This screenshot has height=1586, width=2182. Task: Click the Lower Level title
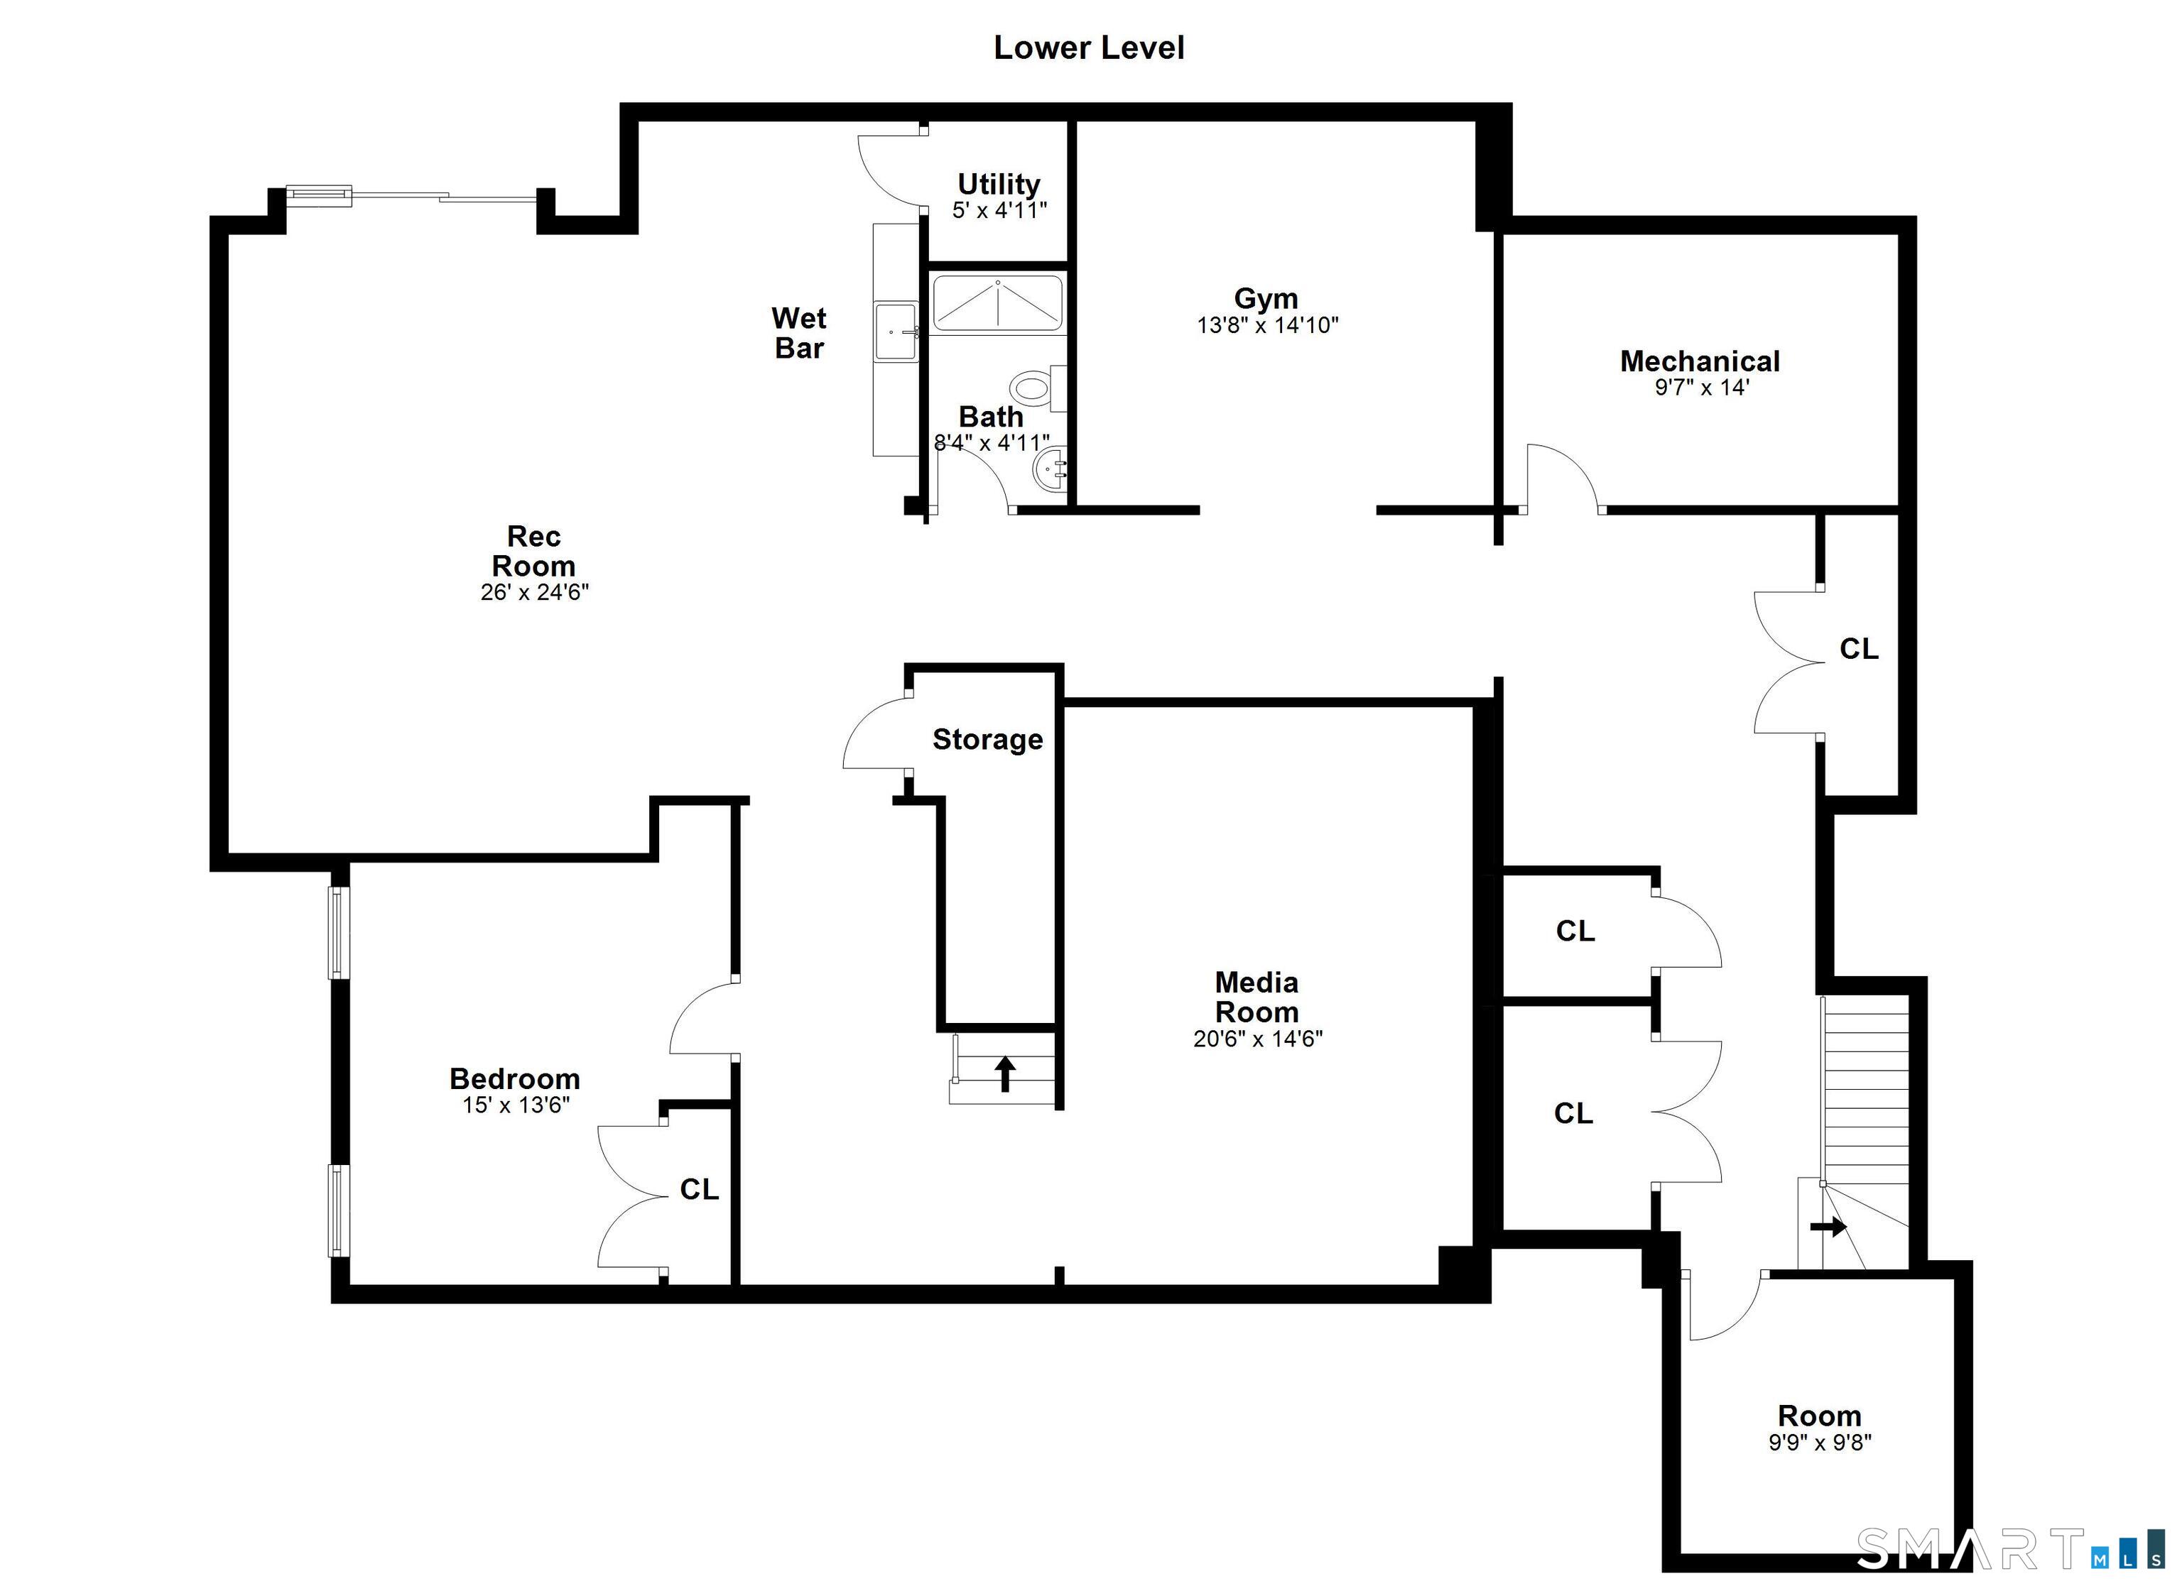click(1088, 48)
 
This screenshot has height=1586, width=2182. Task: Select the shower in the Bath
click(998, 304)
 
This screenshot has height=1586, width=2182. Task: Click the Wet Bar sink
click(896, 332)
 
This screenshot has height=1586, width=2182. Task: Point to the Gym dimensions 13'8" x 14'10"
click(1267, 325)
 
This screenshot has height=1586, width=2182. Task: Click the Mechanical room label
click(1699, 361)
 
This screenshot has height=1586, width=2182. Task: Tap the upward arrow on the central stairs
click(1005, 1073)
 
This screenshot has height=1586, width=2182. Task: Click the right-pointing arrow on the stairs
click(1828, 1227)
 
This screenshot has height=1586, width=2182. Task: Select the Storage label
click(987, 740)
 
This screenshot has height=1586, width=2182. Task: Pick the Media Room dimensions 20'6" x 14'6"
click(1257, 1039)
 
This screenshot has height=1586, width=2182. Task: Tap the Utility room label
click(999, 184)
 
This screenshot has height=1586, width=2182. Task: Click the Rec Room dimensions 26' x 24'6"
click(534, 593)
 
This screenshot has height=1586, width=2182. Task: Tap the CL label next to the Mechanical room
click(1858, 649)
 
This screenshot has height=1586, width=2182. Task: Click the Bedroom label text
click(515, 1078)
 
